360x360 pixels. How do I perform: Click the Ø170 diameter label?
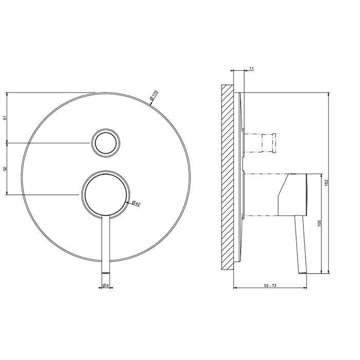(x=154, y=95)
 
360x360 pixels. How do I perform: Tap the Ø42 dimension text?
(x=136, y=203)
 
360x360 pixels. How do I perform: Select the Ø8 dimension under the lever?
(x=105, y=285)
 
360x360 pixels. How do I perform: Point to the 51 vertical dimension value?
(x=6, y=118)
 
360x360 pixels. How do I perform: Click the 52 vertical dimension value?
(x=6, y=169)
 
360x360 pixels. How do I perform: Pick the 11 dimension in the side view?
(x=251, y=68)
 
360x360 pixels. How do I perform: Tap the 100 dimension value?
(x=319, y=224)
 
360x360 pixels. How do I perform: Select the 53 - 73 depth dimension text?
(x=270, y=285)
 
